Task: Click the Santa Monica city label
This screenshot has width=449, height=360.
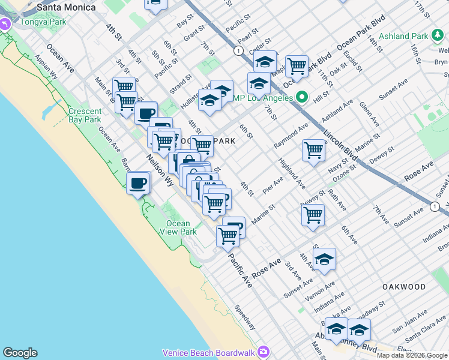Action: coord(66,7)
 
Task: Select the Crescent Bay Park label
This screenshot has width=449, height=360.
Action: coord(85,115)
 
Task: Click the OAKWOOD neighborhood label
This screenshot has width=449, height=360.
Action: coord(404,287)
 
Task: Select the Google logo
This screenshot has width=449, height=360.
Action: coord(20,353)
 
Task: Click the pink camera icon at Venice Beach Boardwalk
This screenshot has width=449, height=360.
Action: coord(263,352)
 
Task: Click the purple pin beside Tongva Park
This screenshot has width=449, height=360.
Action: coord(6,25)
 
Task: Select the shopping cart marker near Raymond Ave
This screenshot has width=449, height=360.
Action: coord(313,150)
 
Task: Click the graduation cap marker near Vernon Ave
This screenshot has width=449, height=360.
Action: coord(324,259)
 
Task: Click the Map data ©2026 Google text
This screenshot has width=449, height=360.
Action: coord(412,355)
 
